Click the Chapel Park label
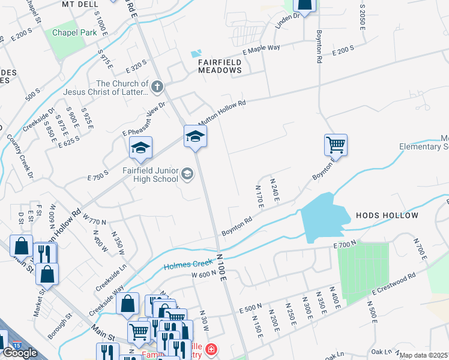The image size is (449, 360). click(x=74, y=33)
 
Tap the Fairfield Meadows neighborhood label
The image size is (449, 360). click(x=220, y=66)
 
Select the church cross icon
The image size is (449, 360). click(x=157, y=88)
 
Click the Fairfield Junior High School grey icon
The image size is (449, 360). click(x=187, y=174)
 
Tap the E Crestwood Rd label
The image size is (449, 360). click(x=394, y=286)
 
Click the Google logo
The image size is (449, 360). click(x=20, y=353)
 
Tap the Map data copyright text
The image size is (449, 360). click(x=424, y=355)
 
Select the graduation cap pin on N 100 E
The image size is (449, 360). click(x=195, y=136)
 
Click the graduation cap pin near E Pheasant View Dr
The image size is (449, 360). click(x=140, y=148)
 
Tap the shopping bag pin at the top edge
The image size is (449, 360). click(x=304, y=5)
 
